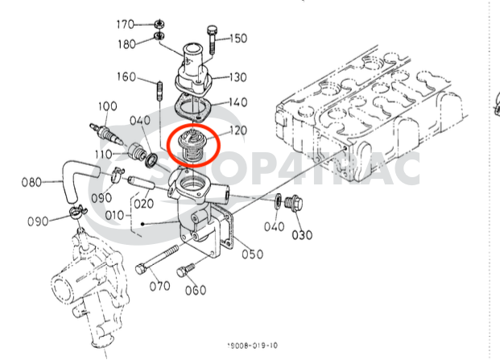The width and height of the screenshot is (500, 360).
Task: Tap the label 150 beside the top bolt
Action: point(238,38)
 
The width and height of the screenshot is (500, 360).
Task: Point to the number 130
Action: point(238,77)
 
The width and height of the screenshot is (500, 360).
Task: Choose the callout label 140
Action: point(238,102)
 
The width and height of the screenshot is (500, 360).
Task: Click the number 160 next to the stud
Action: point(127,77)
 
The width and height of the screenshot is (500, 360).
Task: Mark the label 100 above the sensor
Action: point(108,106)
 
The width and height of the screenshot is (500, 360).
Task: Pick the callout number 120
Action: point(238,130)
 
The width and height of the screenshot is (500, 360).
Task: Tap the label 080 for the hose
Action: point(31,182)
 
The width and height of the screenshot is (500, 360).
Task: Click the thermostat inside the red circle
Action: point(195,146)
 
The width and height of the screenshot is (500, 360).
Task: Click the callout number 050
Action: point(252,254)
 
